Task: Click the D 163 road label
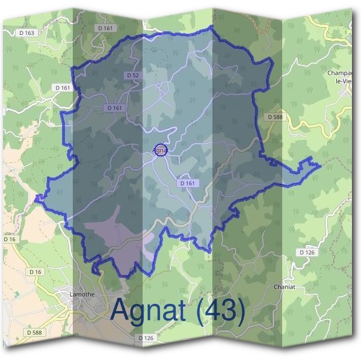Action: (x=27, y=32)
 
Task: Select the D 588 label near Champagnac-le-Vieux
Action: (x=274, y=116)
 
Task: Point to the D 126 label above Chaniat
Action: (x=307, y=252)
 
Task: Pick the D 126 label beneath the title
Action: (x=146, y=338)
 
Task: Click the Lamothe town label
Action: (x=74, y=294)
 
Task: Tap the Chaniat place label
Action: (x=284, y=287)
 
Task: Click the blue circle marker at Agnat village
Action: (x=161, y=150)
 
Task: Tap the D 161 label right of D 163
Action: (x=104, y=28)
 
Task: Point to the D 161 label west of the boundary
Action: (x=63, y=88)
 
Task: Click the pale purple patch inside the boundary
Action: (x=108, y=232)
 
